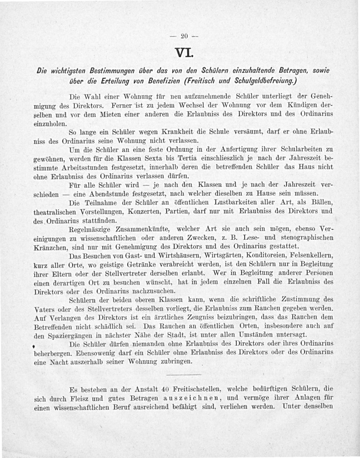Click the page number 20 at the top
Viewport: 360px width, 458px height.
click(x=184, y=36)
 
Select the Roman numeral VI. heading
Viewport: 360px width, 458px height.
click(x=185, y=53)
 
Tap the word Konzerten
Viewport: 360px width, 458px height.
click(x=146, y=211)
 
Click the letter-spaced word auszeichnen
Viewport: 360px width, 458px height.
click(x=190, y=398)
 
